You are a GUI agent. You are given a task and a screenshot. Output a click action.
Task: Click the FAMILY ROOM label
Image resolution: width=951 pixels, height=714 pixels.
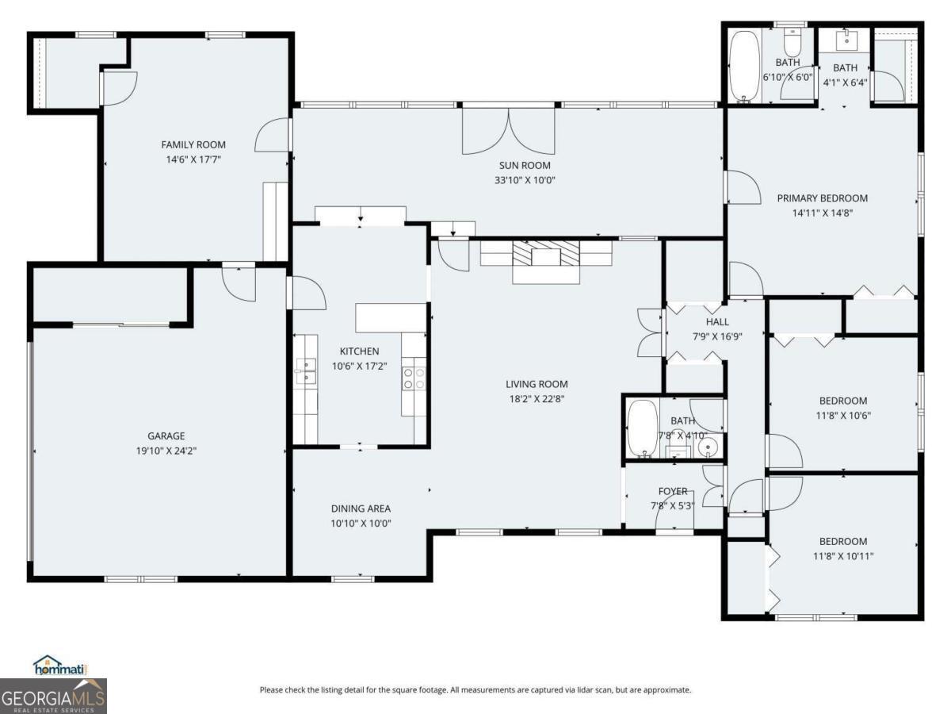click(x=193, y=145)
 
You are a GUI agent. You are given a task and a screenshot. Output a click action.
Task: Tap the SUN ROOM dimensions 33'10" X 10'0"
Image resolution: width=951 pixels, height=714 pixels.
click(x=525, y=180)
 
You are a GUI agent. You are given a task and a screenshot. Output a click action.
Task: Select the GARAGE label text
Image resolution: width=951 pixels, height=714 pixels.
click(x=166, y=436)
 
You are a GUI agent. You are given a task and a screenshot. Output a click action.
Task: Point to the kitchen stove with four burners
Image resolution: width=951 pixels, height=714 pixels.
click(x=414, y=378)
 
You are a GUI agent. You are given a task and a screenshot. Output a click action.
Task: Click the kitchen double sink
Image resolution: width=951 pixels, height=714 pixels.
click(x=305, y=370)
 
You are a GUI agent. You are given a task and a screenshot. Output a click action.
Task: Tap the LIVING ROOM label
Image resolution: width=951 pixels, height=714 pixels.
click(x=537, y=384)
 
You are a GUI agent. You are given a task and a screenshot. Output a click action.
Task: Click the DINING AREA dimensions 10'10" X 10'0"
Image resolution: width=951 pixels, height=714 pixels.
click(x=361, y=524)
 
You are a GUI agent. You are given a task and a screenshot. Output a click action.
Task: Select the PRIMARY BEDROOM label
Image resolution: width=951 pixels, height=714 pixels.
click(x=823, y=198)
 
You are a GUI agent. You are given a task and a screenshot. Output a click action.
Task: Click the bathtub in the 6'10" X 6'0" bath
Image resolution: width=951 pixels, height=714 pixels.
click(x=744, y=67)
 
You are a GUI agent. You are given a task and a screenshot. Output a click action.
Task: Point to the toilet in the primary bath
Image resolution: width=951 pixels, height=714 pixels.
click(x=792, y=41)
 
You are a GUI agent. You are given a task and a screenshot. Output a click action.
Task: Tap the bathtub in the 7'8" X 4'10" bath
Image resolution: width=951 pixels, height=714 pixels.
click(x=643, y=428)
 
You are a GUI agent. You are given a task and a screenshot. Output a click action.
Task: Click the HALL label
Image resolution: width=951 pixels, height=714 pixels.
click(x=717, y=322)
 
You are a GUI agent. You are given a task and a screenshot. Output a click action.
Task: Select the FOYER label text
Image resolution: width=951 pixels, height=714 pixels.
click(x=672, y=492)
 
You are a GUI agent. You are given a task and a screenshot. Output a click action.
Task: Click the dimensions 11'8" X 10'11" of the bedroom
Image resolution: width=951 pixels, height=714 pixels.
click(x=843, y=556)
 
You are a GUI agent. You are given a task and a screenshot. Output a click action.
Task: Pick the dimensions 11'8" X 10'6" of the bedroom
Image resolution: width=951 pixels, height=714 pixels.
click(x=843, y=416)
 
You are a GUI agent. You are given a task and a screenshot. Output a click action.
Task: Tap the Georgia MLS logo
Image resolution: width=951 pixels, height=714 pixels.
click(x=53, y=697)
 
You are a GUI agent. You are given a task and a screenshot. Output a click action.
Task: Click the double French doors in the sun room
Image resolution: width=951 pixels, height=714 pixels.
click(x=508, y=131)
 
